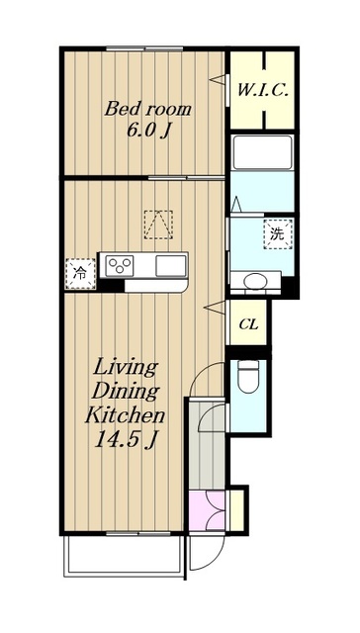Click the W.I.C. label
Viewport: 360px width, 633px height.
262,90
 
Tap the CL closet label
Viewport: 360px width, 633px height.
248,324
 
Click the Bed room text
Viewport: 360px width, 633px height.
147,109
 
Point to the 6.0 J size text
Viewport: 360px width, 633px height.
147,131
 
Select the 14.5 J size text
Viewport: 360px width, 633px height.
126,439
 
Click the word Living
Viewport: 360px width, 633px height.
126,369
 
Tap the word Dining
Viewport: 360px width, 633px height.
126,392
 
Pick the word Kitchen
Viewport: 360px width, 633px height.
126,415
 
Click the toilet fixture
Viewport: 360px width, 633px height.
248,376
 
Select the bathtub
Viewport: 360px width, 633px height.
262,152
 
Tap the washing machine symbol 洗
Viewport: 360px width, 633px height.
278,234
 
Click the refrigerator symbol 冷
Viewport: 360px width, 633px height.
81,274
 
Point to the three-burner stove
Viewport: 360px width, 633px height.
120,266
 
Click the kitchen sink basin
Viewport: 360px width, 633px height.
171,266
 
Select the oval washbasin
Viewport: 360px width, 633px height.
255,280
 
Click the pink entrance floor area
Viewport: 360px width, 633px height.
207,510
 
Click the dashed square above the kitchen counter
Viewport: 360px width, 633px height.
158,225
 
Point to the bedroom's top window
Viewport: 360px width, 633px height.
144,48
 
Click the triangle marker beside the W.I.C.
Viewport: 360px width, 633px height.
218,79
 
